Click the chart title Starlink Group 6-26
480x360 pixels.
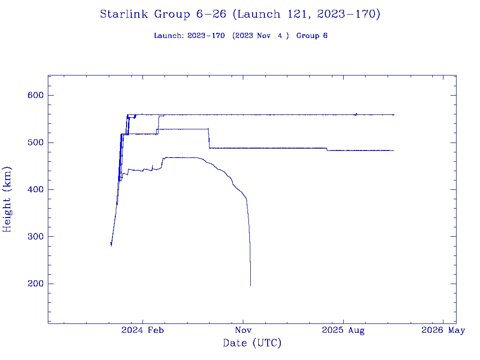coord(240,14)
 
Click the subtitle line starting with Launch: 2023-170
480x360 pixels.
coord(240,36)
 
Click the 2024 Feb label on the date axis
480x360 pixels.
coord(142,330)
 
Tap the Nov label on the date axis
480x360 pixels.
coord(243,330)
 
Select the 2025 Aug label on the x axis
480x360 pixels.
coord(343,330)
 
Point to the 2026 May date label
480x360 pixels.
coord(443,330)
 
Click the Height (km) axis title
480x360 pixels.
coord(7,199)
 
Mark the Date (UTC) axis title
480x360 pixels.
coord(252,343)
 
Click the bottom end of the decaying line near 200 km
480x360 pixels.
coord(250,285)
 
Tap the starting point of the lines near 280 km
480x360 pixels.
coord(111,244)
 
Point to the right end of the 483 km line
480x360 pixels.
coord(394,150)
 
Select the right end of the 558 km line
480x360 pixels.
coord(394,115)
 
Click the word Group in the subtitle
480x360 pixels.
coord(307,36)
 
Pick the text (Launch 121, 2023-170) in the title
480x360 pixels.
coord(306,14)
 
